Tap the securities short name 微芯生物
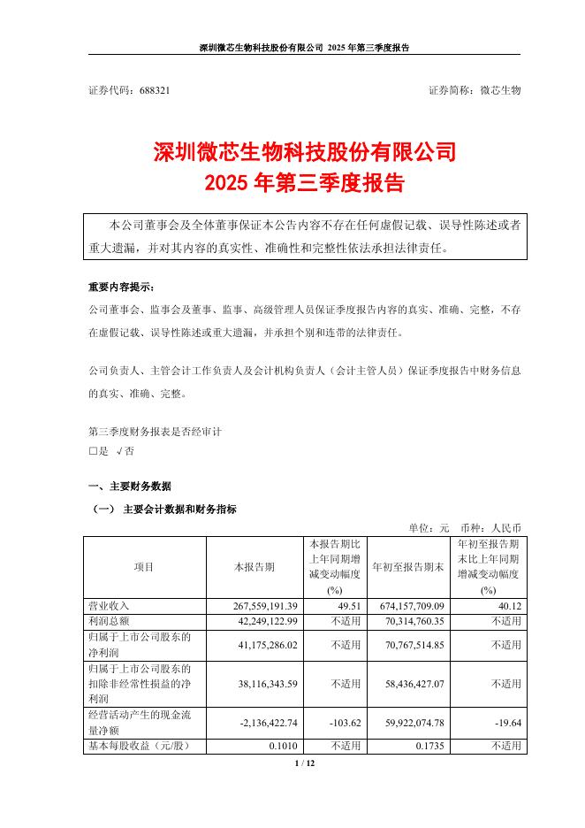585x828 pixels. coord(500,91)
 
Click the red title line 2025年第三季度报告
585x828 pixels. coord(304,183)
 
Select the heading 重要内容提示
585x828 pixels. coord(120,288)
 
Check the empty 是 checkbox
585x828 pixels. coord(93,450)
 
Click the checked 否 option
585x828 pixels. coord(125,450)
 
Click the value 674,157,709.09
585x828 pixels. coord(406,606)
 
